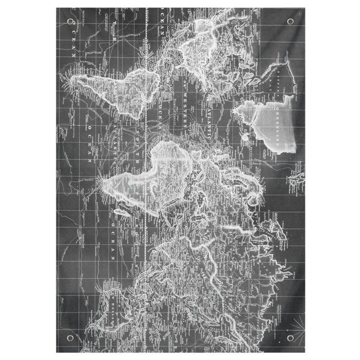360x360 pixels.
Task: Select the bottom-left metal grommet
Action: pos(68,337)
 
